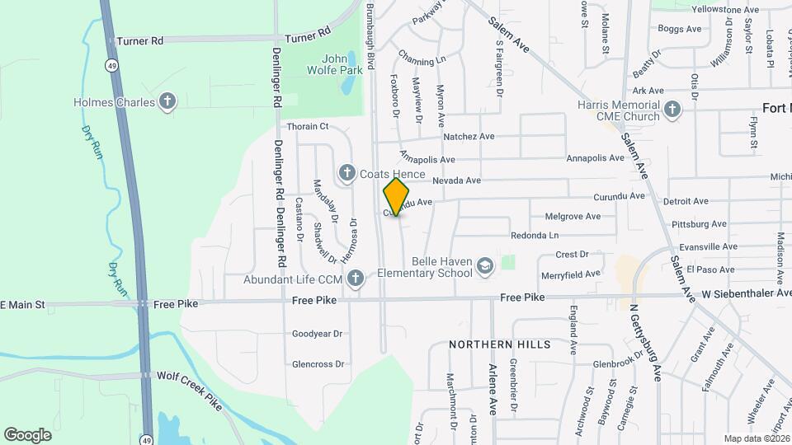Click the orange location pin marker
point(397,197)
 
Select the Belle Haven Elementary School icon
point(486,265)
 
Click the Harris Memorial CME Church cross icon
point(672,110)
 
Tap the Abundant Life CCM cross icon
point(355,279)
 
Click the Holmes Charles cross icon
point(167,102)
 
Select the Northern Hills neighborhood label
point(500,344)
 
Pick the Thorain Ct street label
point(308,127)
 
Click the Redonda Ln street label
point(535,235)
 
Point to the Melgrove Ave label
point(573,217)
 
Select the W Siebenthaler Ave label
point(747,293)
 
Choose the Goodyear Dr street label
point(317,334)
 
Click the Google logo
point(27,434)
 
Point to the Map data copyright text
point(757,438)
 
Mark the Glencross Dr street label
point(318,364)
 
